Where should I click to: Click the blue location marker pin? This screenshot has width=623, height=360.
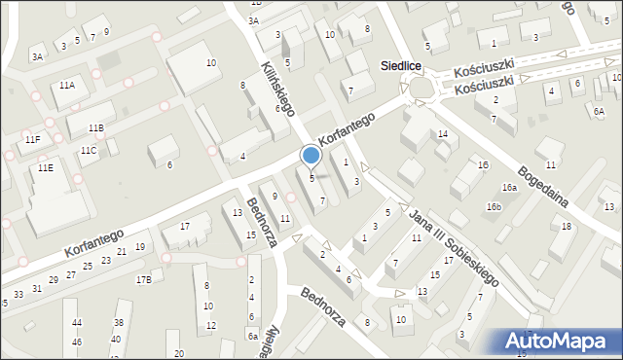(x=311, y=155)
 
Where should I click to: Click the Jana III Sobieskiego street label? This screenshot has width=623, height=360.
(x=454, y=246)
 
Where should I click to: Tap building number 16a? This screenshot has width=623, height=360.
(x=509, y=187)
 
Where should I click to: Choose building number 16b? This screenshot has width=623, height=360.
(x=495, y=206)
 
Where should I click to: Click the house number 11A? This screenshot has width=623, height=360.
(x=66, y=86)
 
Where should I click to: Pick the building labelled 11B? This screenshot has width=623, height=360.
(x=95, y=128)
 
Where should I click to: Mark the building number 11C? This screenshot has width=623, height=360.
(x=89, y=150)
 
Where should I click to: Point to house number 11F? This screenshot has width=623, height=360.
(x=32, y=140)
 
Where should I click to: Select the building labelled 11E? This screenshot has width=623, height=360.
(x=45, y=167)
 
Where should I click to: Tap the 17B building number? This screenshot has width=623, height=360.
(x=143, y=280)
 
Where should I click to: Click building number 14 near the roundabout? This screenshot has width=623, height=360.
(x=442, y=133)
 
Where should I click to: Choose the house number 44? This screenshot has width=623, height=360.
(x=77, y=323)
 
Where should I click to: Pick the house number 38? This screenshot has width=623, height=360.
(x=118, y=323)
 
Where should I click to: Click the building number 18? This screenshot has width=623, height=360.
(x=567, y=227)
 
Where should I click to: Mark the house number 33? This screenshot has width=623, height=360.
(x=18, y=294)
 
